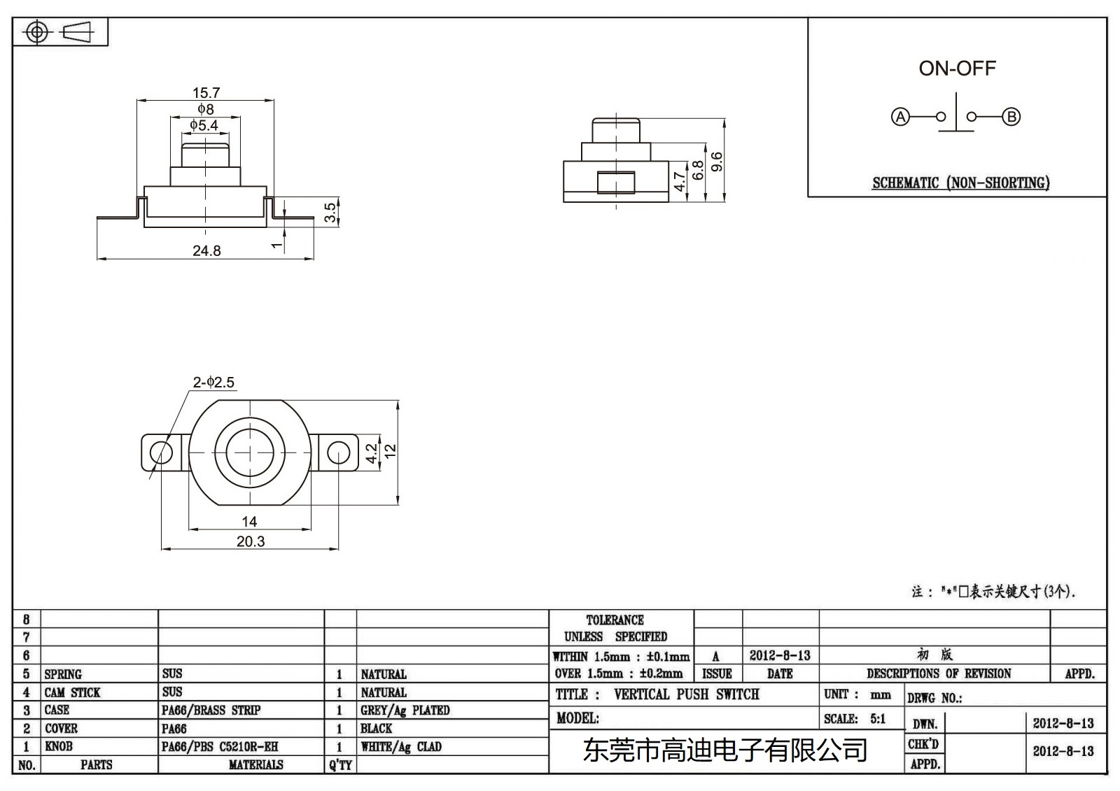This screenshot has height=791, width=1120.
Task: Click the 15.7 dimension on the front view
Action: [x=206, y=92]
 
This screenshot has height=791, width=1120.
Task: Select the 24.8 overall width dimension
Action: [x=206, y=250]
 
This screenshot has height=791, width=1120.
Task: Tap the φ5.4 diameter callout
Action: [x=204, y=125]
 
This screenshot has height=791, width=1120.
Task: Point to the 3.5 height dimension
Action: [x=330, y=213]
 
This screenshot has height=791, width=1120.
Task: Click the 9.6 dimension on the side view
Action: [x=716, y=162]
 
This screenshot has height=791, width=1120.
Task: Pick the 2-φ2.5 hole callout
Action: [x=213, y=382]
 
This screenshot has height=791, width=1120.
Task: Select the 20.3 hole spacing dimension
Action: [x=251, y=541]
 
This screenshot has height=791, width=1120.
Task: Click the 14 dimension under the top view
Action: [x=249, y=521]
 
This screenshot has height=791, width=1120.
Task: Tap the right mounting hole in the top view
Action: [x=339, y=452]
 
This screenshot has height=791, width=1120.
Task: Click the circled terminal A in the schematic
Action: [x=900, y=117]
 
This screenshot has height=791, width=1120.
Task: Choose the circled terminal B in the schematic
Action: [x=1011, y=117]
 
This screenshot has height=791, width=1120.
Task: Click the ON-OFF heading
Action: [x=957, y=69]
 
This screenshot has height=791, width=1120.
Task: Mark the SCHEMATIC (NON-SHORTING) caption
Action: [x=960, y=183]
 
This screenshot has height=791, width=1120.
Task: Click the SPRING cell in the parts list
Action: [x=63, y=674]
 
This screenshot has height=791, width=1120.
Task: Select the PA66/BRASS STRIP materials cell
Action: [x=211, y=710]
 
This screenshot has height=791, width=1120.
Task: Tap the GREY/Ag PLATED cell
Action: [x=405, y=710]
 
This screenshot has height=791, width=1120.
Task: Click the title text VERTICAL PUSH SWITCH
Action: [x=686, y=694]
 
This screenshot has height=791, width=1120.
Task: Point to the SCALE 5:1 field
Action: [x=855, y=718]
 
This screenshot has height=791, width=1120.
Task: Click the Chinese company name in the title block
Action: [x=725, y=750]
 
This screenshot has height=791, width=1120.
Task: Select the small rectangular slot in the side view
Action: [x=616, y=183]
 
